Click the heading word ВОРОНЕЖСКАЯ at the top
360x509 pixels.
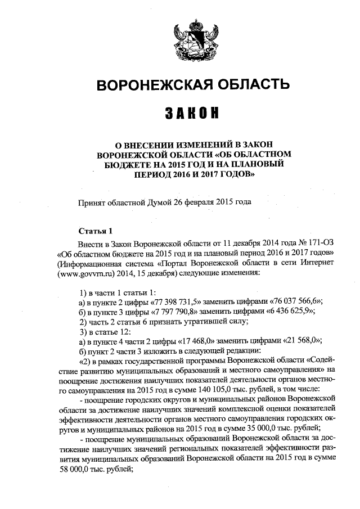(149, 85)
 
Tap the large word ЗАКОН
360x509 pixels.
(192, 114)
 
